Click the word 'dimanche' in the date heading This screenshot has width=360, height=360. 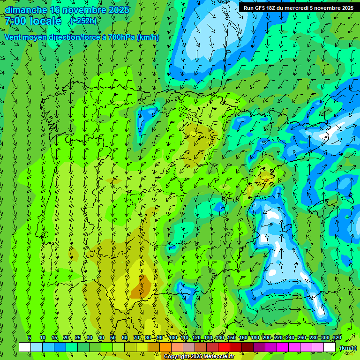click(x=26, y=10)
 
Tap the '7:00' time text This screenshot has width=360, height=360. click(x=16, y=21)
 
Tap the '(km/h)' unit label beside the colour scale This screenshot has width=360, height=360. click(x=347, y=348)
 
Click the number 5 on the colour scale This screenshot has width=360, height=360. click(x=30, y=337)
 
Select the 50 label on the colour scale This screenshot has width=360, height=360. click(x=113, y=337)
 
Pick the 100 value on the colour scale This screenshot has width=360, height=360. click(x=172, y=337)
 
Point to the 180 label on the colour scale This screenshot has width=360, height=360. click(x=255, y=337)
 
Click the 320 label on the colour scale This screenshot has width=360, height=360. click(x=337, y=337)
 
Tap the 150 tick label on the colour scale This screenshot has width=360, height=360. click(x=232, y=337)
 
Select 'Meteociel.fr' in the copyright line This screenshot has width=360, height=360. click(x=219, y=357)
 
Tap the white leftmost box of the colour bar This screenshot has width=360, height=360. click(x=24, y=347)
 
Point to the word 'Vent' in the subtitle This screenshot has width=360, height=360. click(x=13, y=37)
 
